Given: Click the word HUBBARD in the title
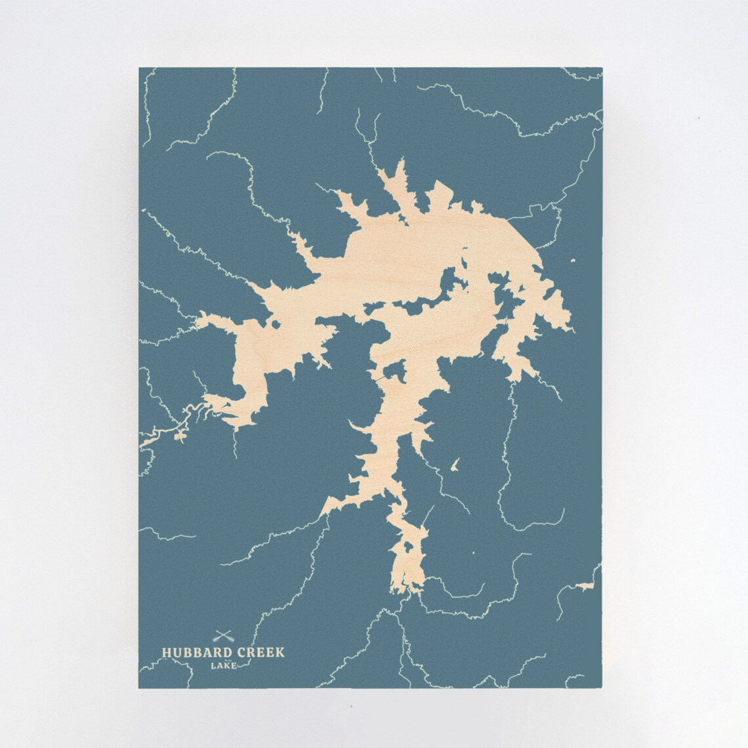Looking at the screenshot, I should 193,652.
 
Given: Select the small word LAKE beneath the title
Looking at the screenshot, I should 224,666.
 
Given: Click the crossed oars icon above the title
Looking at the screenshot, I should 224,636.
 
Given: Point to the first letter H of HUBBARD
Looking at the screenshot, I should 167,653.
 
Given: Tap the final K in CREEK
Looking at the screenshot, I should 281,652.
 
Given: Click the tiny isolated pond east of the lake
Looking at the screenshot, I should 573,262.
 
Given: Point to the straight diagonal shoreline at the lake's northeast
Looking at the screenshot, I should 522,233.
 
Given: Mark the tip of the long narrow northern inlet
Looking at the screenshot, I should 379,170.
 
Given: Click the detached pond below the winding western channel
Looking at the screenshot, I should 178,434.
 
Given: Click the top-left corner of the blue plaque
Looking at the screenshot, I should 140,68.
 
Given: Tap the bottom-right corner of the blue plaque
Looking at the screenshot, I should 600,687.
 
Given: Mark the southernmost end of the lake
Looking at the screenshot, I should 408,592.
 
